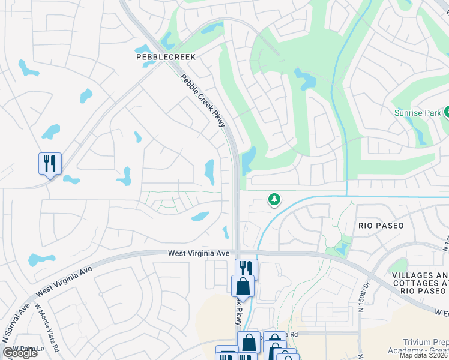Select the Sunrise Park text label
tap(417, 112)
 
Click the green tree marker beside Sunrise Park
tap(447, 112)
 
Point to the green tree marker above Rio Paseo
tap(274, 199)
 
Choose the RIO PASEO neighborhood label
tap(381, 226)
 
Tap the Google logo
tap(19, 353)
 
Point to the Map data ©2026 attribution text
tap(424, 355)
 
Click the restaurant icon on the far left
tap(50, 163)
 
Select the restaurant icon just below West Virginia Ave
tap(246, 268)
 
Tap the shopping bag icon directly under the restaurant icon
tap(243, 285)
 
